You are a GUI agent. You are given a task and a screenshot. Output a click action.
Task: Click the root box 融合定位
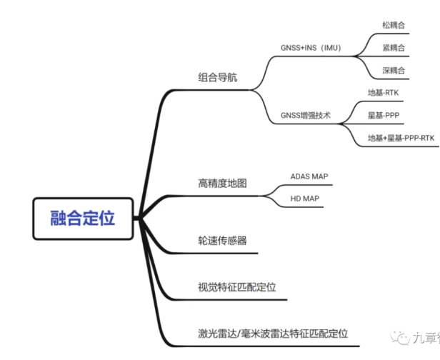pos(83,218)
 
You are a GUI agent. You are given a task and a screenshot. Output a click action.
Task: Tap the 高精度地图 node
pos(222,184)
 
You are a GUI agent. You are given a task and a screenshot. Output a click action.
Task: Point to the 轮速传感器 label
pos(222,241)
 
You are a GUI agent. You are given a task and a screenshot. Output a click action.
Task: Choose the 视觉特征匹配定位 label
pos(236,287)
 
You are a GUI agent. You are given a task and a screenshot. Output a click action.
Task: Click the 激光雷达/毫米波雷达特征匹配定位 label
pos(273,333)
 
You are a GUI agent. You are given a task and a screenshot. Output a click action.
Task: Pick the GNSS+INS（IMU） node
pos(311,49)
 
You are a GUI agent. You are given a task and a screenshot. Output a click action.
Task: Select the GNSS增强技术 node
pos(306,114)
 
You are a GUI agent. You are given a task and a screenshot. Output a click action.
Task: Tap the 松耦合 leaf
pos(394,25)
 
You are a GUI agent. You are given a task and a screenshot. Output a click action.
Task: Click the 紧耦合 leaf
pos(394,48)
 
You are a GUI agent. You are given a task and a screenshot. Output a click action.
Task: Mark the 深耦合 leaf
pos(394,71)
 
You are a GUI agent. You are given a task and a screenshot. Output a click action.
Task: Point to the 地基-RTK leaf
pos(383,92)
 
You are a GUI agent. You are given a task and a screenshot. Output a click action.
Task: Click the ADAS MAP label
pos(309,176)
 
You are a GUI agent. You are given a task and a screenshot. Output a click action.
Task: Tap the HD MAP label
pos(305,198)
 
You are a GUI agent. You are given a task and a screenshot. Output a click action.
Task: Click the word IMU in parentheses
pos(329,49)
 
